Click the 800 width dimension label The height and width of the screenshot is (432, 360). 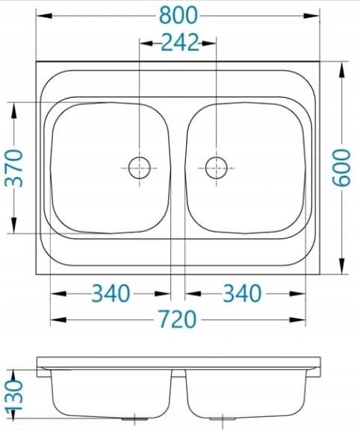coord(179,16)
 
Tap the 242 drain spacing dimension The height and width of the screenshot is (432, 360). coord(180,43)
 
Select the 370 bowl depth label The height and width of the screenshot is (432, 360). coord(14,168)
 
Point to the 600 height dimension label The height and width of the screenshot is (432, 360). coord(341,168)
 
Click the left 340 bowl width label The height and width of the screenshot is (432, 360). coord(111,293)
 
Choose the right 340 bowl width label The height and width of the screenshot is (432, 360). coord(242,293)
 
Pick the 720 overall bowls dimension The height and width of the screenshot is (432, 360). coord(178,319)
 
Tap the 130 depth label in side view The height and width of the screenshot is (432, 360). coord(14,396)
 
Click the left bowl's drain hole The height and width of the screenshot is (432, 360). coord(140,168)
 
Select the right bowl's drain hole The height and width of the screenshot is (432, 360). coord(217,168)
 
